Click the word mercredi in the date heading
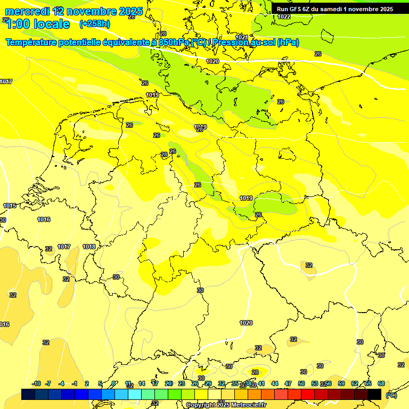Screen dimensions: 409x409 [x=27, y=11]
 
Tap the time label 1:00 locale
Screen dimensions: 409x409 [x=38, y=24]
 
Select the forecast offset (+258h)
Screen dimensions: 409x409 [x=94, y=24]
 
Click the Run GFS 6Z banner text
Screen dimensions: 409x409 [x=298, y=9]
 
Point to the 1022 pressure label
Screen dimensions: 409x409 [x=284, y=17]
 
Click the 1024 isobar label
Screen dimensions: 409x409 [x=242, y=37]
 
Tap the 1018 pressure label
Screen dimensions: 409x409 [x=89, y=247]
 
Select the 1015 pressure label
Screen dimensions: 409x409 [x=10, y=206]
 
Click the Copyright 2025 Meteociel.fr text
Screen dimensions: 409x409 [x=226, y=405]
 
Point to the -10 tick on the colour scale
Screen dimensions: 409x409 [x=36, y=383]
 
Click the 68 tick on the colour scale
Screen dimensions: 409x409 [x=381, y=383]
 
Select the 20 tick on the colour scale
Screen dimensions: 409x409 [x=168, y=383]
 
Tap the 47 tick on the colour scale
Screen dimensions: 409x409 [x=288, y=383]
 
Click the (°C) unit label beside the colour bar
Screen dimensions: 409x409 [x=391, y=395]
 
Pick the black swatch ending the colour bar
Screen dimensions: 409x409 [x=374, y=394]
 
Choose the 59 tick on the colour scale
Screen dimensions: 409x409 [x=341, y=383]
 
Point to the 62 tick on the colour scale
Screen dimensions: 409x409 [x=355, y=383]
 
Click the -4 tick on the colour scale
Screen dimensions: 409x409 [x=61, y=383]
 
